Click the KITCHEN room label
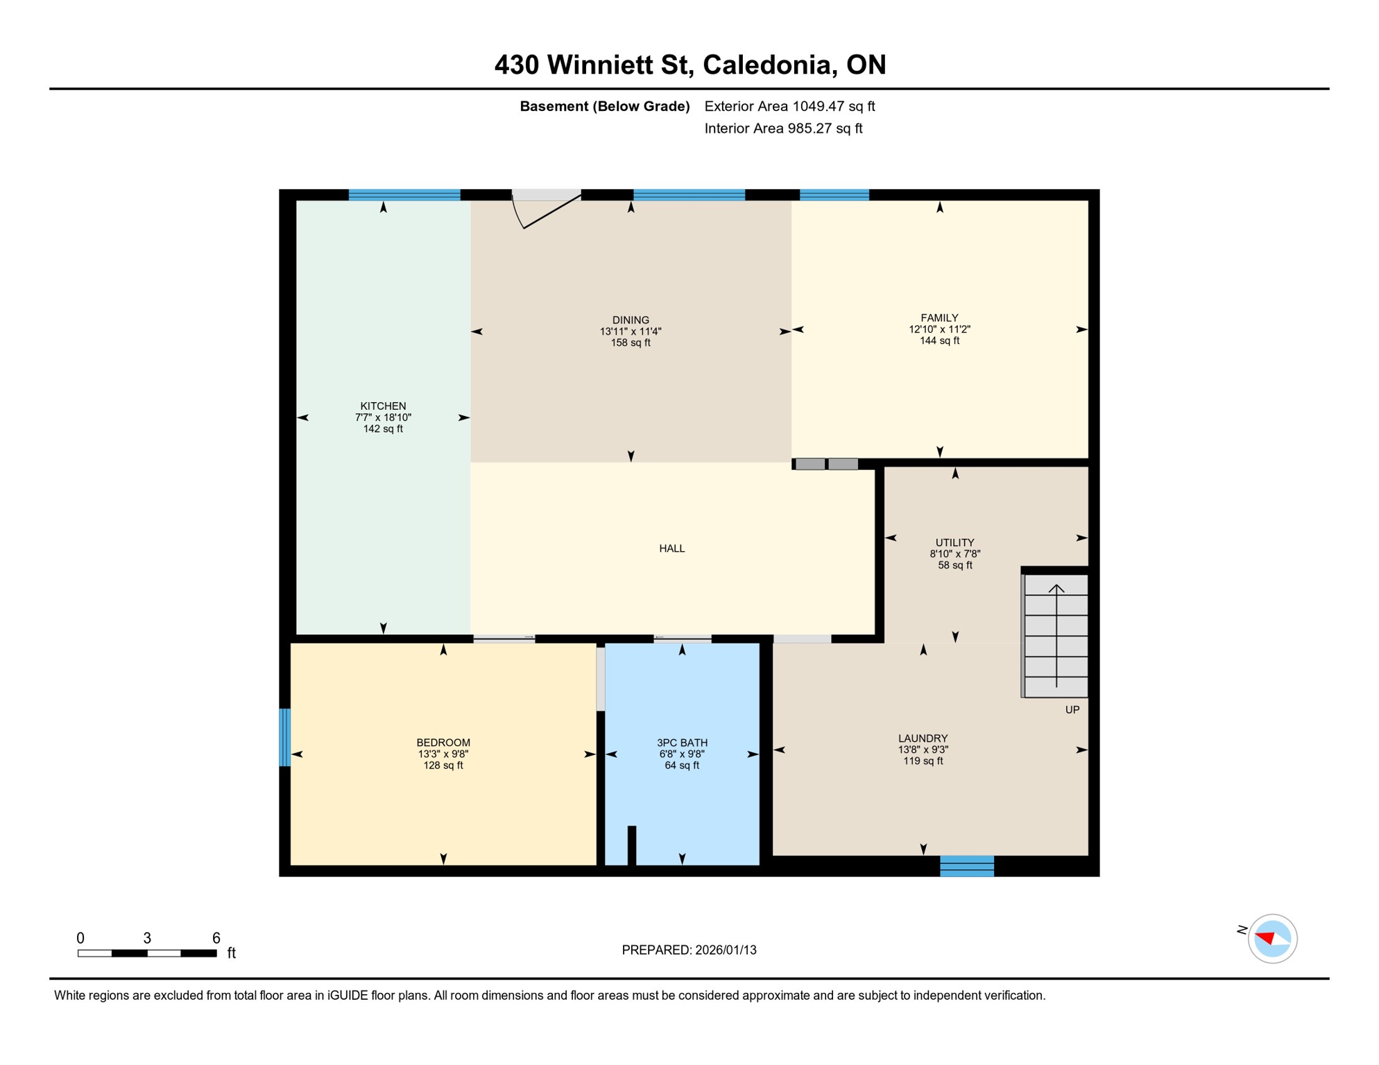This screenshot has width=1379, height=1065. [383, 406]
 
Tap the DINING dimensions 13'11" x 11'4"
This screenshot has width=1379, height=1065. [630, 331]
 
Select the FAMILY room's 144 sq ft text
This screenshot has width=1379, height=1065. [939, 340]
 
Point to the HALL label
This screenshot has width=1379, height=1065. [671, 548]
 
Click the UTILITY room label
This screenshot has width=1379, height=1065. [954, 542]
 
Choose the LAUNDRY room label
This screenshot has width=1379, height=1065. [923, 738]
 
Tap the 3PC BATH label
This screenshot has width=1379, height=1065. [682, 743]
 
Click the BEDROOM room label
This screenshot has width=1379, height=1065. [443, 743]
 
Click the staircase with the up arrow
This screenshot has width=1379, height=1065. [1056, 634]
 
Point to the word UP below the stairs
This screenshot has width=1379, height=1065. [1072, 710]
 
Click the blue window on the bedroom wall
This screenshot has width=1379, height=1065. [284, 737]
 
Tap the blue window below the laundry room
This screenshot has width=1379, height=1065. [966, 866]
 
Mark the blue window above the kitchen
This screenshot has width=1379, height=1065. [404, 195]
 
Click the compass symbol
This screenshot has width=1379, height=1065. [1271, 939]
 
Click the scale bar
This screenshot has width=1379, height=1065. [147, 953]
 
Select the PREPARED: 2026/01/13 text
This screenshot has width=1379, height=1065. [689, 950]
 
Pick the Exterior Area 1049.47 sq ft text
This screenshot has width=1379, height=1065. [789, 106]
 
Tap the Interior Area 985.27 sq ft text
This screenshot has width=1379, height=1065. [783, 128]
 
